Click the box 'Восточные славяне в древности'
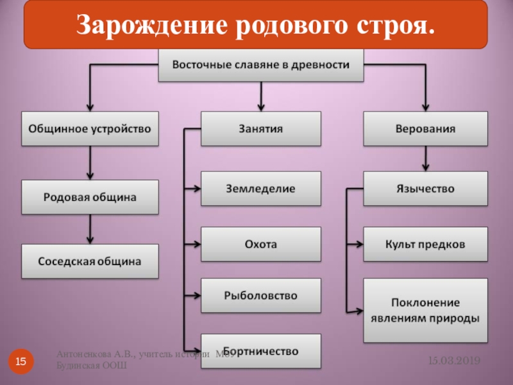tap(261, 65)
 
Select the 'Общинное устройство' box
tap(90, 128)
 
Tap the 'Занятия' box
tap(261, 128)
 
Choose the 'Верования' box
tap(425, 128)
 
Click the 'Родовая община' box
tap(90, 197)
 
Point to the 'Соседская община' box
tap(90, 261)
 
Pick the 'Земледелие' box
tap(261, 189)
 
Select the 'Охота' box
tap(261, 244)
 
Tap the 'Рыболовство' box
tap(261, 296)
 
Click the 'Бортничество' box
tap(261, 351)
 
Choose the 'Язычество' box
tap(425, 189)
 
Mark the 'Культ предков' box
tap(425, 244)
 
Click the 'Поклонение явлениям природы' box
tap(425, 310)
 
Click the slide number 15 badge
tap(21, 363)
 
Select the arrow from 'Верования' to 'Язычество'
tap(425, 158)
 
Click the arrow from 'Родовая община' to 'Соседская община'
tap(90, 228)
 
